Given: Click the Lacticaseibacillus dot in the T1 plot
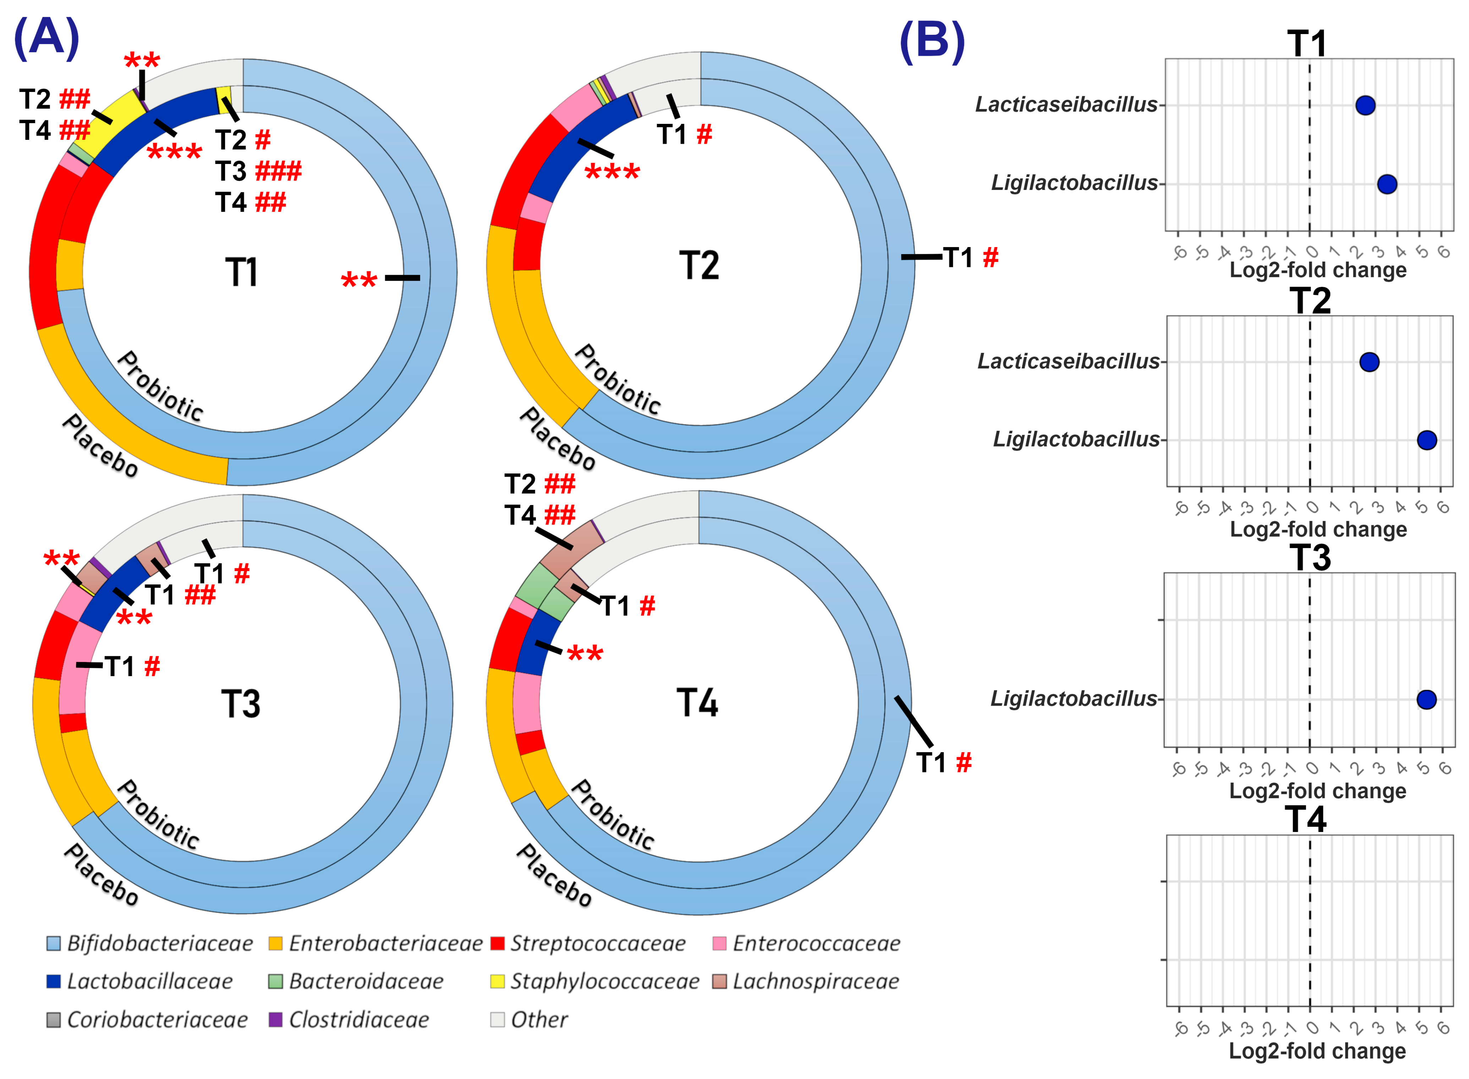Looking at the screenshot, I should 1365,105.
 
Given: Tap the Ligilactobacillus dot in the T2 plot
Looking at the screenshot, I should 1426,440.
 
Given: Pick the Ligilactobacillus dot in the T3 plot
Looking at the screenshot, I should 1426,700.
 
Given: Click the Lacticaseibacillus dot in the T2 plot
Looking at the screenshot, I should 1369,362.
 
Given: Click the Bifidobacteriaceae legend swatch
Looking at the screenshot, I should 54,943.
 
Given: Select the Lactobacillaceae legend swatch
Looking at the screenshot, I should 54,981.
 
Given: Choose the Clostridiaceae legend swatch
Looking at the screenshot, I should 276,1020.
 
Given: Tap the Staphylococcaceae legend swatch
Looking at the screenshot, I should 497,981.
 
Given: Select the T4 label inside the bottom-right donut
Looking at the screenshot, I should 697,703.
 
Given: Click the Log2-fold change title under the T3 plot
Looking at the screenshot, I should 1317,790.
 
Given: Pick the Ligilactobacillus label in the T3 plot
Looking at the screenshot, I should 1073,699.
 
